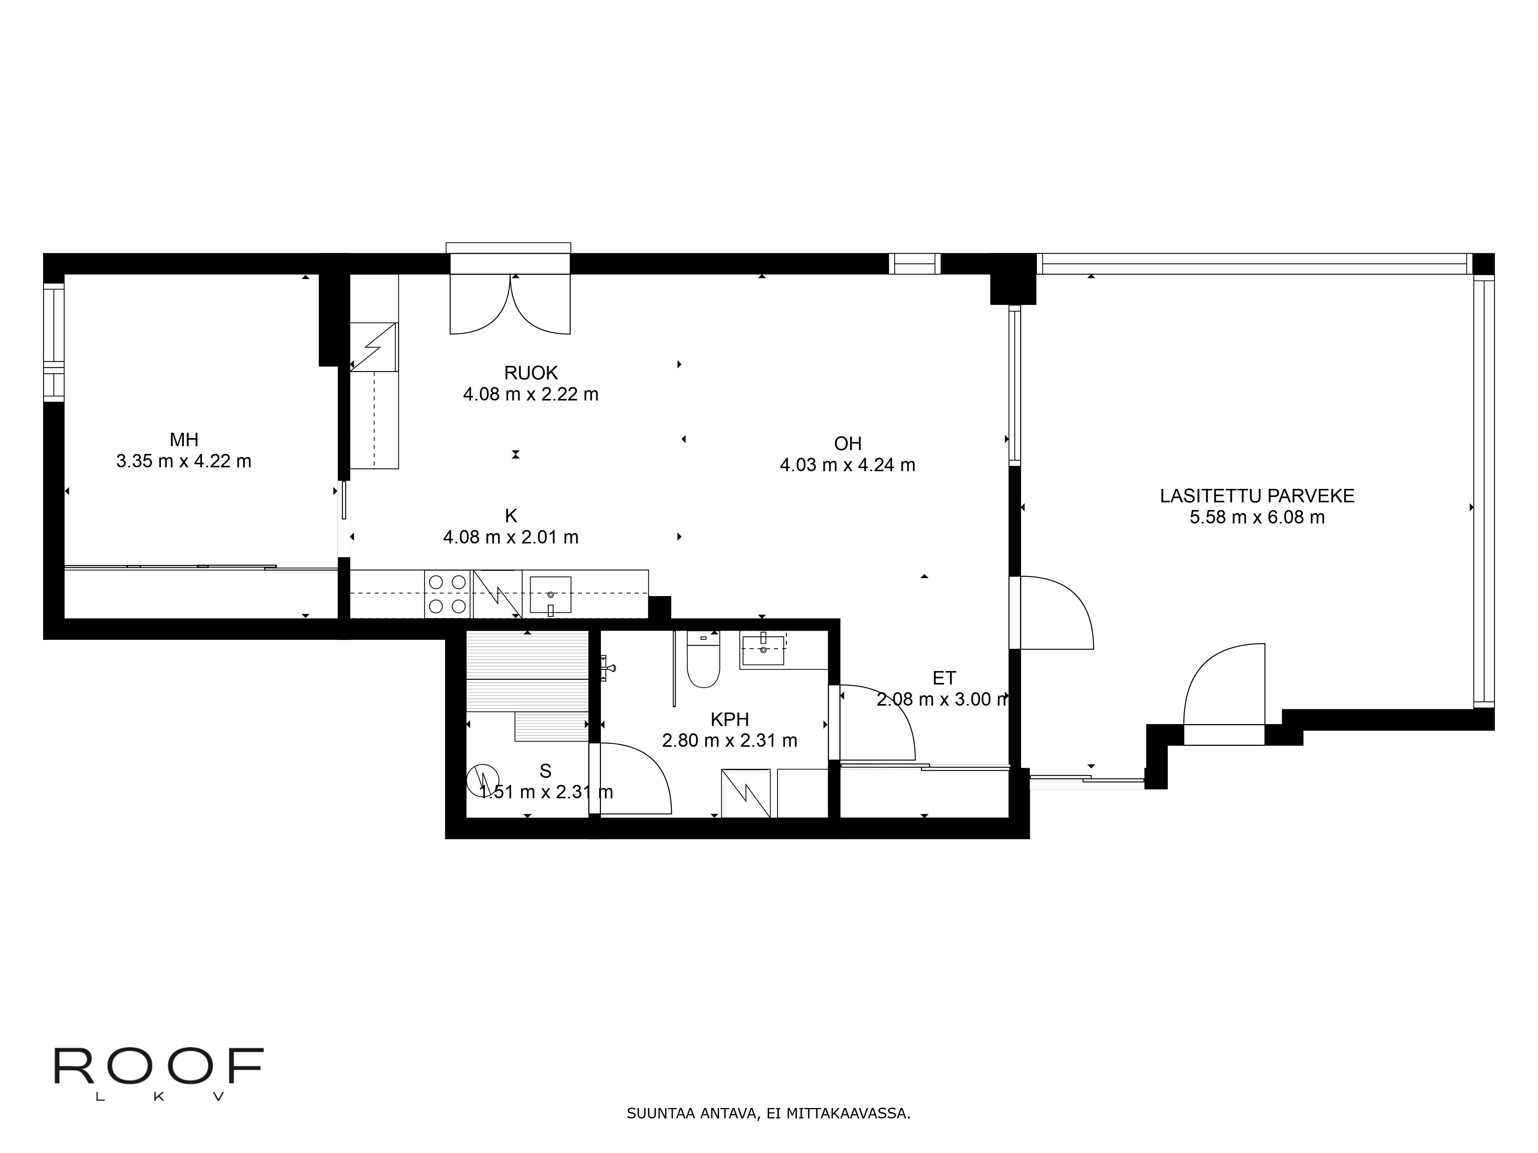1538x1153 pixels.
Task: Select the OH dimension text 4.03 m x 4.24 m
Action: point(847,465)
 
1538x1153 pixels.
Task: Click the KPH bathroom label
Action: point(729,719)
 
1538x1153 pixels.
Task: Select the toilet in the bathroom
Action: point(703,660)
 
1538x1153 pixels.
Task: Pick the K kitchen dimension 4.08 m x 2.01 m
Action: point(511,537)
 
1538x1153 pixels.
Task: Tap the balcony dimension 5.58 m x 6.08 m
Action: point(1257,517)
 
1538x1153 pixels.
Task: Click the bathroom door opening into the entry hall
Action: point(872,723)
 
